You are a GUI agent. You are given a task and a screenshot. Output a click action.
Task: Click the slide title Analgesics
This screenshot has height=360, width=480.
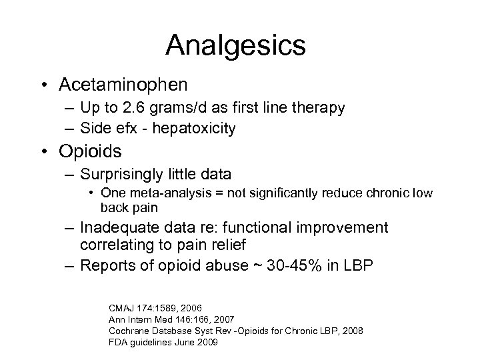pyautogui.click(x=236, y=46)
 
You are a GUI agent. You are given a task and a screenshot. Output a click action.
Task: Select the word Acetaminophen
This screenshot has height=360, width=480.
pyautogui.click(x=123, y=85)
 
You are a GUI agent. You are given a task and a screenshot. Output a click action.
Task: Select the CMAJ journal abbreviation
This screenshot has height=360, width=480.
pyautogui.click(x=121, y=308)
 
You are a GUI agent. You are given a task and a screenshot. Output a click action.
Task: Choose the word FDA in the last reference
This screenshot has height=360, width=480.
pyautogui.click(x=117, y=342)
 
